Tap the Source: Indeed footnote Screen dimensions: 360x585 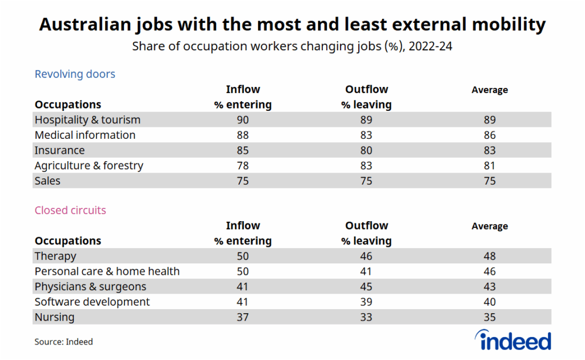(63, 342)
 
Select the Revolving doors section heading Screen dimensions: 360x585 (75, 74)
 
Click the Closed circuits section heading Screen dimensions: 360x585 (70, 210)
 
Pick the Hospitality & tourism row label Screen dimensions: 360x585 (87, 120)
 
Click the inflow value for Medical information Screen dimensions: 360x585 (243, 135)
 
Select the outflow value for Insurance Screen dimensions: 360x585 (366, 150)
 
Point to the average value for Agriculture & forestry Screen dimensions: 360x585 (489, 166)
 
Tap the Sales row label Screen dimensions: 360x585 (47, 181)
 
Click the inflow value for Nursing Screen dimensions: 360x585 (243, 317)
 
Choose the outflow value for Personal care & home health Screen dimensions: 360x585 (366, 271)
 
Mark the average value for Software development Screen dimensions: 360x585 (489, 302)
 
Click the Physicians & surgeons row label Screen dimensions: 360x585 (90, 287)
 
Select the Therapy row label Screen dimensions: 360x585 (55, 256)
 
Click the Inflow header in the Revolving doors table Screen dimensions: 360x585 (243, 90)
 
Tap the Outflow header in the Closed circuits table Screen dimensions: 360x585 (366, 226)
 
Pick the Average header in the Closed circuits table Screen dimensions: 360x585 (490, 226)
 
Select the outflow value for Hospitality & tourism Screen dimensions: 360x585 (366, 120)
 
